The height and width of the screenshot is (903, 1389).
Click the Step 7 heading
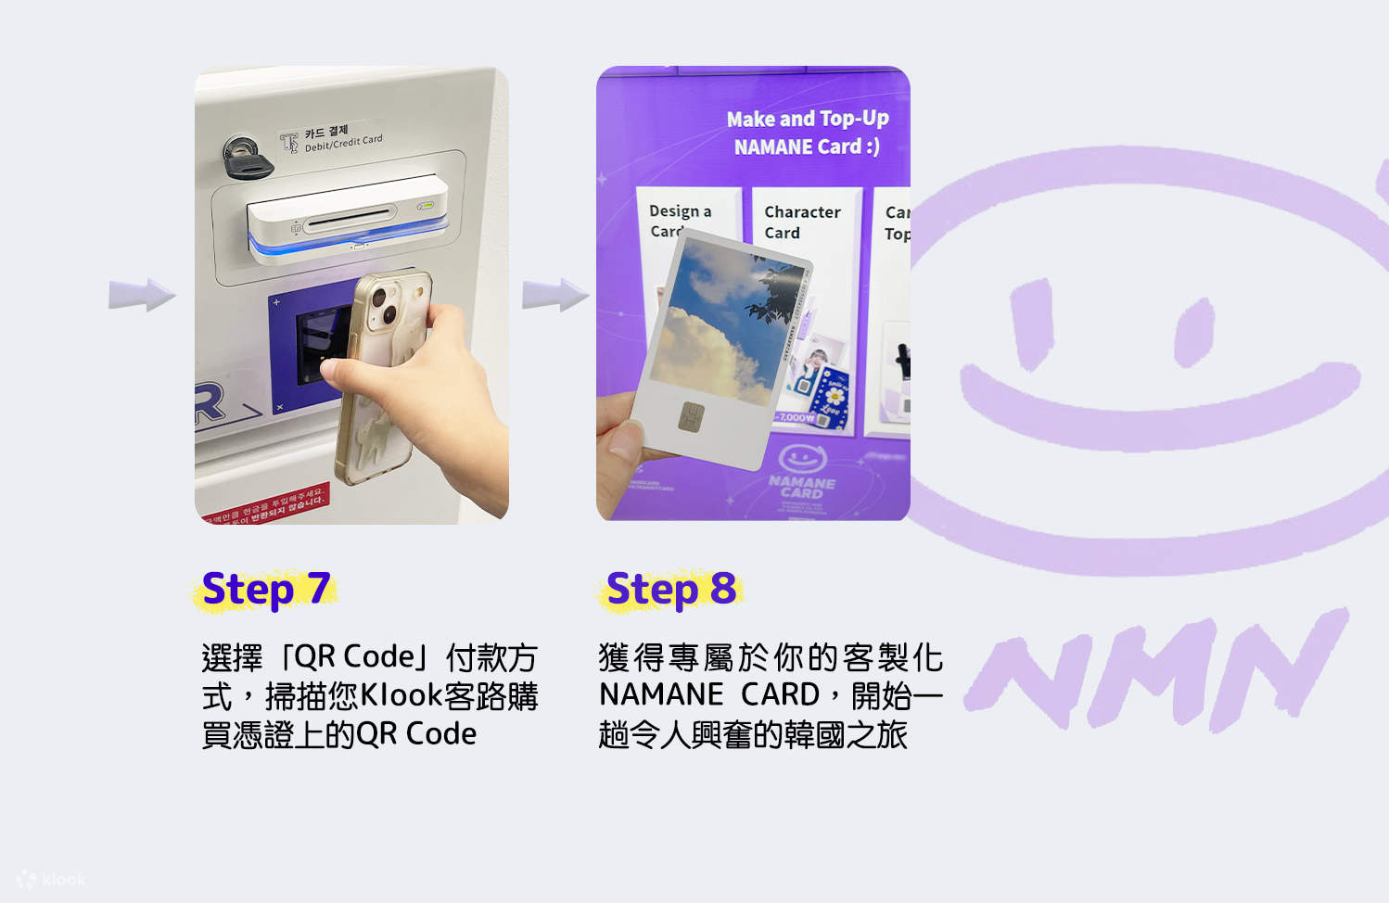[265, 590]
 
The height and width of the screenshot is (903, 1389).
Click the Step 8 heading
[670, 590]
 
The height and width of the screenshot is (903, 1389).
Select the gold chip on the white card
[691, 417]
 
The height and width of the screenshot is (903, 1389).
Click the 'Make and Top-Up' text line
[807, 119]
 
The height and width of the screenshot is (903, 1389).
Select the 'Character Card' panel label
[801, 223]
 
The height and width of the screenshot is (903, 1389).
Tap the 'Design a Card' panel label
[679, 221]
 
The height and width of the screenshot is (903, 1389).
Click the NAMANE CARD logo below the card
[802, 473]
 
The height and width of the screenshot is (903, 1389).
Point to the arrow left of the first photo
[142, 296]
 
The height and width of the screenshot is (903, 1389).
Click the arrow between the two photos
[554, 296]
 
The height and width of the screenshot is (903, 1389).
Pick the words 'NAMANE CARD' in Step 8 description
[709, 695]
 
